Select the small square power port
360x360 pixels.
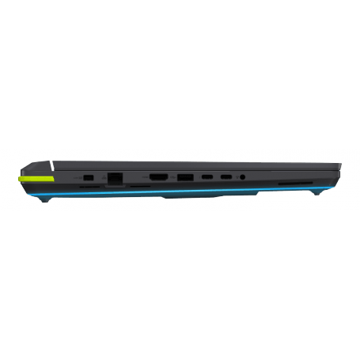pos(89,177)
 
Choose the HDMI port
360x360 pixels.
pos(158,177)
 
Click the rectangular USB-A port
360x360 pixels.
pos(184,177)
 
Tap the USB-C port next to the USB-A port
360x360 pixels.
pos(207,177)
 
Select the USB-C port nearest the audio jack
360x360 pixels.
pos(226,177)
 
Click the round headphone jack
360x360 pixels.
pos(241,177)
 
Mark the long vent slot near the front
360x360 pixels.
pos(291,184)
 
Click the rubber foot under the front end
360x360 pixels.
pos(317,192)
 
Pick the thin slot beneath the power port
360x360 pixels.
pos(89,186)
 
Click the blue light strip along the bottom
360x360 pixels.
pos(182,193)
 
